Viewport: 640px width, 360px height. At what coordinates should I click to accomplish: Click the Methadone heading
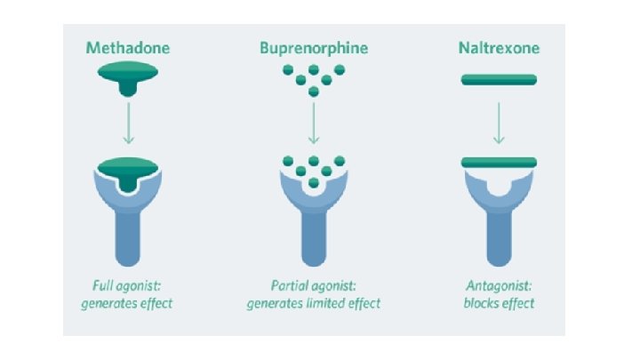click(x=128, y=48)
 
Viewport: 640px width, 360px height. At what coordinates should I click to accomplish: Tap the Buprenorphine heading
click(x=313, y=48)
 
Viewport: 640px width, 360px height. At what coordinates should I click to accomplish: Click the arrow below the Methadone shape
click(x=128, y=123)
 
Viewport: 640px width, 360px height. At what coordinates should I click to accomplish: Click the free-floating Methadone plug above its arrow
click(x=128, y=83)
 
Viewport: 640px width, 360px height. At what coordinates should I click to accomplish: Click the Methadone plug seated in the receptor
click(x=128, y=169)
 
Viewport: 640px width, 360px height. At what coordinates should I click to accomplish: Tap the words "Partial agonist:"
click(x=313, y=286)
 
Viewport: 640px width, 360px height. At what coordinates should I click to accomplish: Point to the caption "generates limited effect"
click(x=313, y=303)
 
